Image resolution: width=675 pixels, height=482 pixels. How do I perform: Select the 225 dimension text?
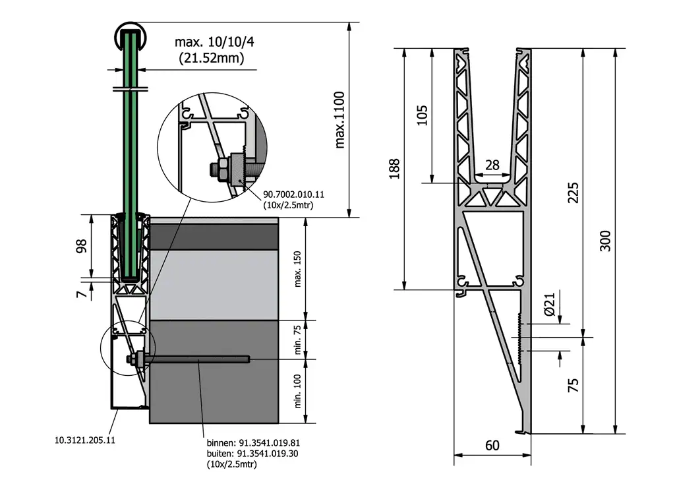573,192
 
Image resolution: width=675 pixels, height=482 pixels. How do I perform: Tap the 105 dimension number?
423,115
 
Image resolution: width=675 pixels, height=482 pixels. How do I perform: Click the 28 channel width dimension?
492,166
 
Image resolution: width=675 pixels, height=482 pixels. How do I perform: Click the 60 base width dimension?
492,445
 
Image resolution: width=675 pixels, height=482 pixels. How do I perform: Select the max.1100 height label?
340,119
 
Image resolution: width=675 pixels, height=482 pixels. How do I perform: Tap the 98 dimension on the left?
82,246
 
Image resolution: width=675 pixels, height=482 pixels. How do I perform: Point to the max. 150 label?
297,269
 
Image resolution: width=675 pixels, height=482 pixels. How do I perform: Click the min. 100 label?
297,391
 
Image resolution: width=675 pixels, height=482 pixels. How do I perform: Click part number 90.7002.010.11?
294,195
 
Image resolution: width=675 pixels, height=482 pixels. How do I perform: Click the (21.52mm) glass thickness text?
212,58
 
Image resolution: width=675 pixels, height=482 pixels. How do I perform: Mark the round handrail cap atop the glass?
130,33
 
